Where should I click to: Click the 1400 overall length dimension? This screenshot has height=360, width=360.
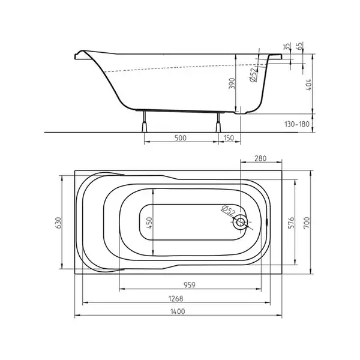(x=178, y=311)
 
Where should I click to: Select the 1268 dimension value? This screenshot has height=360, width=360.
(x=176, y=299)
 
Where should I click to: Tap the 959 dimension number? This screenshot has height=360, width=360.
(x=190, y=285)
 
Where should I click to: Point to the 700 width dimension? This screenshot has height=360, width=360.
(x=307, y=223)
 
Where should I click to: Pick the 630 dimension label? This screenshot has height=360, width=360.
(x=58, y=223)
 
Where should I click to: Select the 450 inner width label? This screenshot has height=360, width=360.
(x=149, y=223)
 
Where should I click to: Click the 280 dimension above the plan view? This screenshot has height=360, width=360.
(x=260, y=158)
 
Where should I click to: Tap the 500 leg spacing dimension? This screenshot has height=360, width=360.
(x=181, y=138)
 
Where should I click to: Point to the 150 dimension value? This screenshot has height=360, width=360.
(x=229, y=138)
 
